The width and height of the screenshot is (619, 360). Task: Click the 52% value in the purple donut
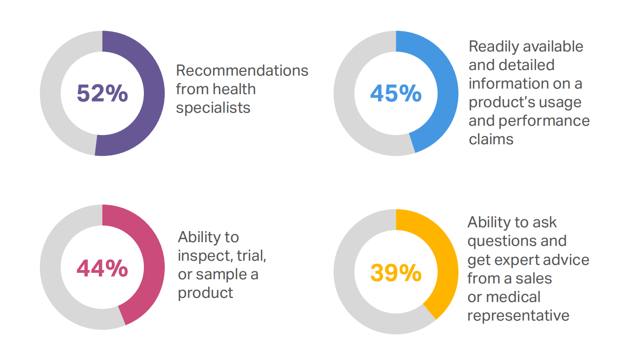102,93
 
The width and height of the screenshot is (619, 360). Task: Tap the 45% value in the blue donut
395,93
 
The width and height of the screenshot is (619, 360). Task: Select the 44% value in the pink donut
102,269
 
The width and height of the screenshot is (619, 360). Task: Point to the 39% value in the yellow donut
395,273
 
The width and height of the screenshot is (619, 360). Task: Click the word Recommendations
242,71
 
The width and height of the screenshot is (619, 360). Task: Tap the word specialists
213,108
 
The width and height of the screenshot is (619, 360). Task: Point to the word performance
544,121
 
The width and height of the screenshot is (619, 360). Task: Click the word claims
491,139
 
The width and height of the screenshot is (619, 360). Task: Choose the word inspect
204,256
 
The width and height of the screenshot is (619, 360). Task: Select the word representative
518,315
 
